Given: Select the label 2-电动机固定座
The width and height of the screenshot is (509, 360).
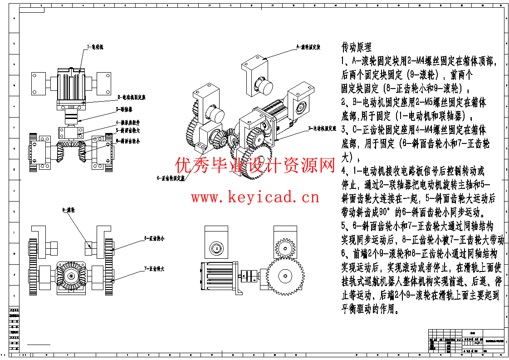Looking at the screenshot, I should [132, 97].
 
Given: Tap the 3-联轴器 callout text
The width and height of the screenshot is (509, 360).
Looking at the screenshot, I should [125, 109].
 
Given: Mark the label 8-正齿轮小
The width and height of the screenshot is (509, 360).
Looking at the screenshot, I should [154, 237].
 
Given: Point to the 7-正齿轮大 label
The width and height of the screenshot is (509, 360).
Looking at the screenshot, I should [154, 269].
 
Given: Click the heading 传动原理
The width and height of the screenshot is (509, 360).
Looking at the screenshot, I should [357, 47].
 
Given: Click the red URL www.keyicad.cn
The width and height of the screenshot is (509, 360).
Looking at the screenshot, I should [255, 197].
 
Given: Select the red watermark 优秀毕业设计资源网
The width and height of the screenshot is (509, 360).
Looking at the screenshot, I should [255, 166].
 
